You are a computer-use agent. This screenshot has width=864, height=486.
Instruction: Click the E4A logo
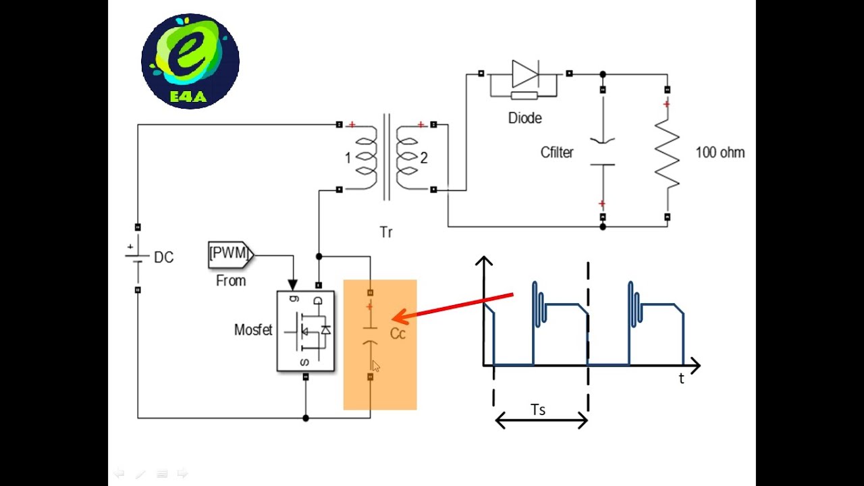point(190,61)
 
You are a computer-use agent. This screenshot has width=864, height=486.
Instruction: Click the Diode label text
point(524,118)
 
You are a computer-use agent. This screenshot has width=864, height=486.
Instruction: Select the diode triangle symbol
point(524,74)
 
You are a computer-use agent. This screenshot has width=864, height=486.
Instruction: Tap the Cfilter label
point(557,153)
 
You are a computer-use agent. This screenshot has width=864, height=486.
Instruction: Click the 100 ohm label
point(720,153)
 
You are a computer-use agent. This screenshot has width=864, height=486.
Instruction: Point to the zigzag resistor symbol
point(667,154)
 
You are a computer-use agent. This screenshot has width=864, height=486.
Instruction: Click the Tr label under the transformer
point(385,232)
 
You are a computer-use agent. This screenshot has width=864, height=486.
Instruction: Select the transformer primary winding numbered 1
point(364,157)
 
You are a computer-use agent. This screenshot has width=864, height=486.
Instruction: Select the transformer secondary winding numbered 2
point(408,157)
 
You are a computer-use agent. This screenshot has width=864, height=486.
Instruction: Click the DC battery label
point(163,257)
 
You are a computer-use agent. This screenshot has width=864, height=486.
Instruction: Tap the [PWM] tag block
point(230,254)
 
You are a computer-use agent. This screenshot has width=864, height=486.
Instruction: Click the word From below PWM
point(231,281)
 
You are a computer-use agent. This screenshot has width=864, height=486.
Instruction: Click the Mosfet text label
point(253,330)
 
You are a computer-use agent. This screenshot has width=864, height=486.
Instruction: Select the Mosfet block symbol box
point(306,331)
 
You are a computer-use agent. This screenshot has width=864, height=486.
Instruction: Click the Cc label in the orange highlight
point(398,334)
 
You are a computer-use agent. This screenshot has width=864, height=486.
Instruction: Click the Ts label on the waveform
point(538,410)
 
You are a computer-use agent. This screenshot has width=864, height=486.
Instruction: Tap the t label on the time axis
point(681,379)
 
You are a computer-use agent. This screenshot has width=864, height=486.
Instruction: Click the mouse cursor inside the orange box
point(376,366)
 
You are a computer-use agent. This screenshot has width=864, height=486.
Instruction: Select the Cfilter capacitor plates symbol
point(602,153)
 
